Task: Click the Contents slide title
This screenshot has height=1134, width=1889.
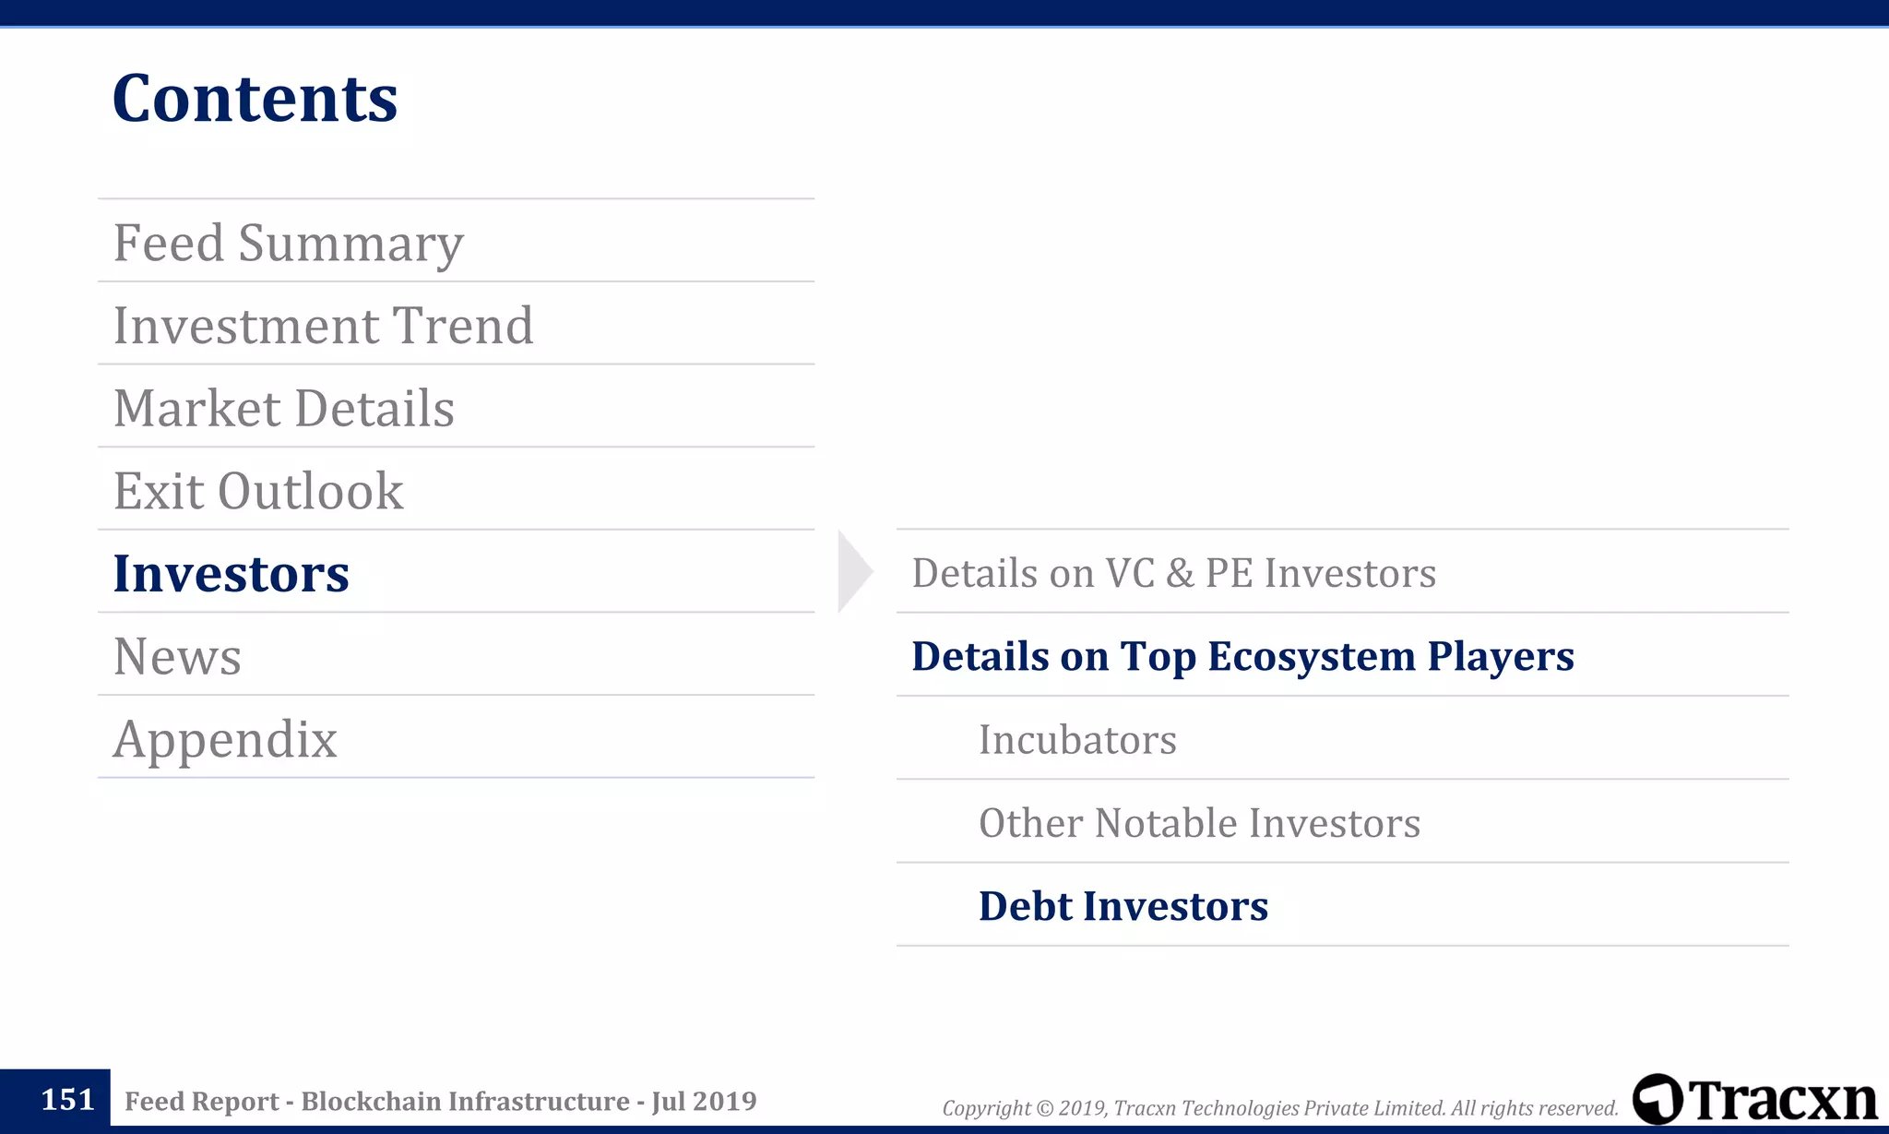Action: click(x=255, y=99)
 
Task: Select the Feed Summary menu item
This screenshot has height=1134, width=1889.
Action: click(x=288, y=243)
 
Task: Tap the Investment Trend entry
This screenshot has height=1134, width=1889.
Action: click(x=323, y=326)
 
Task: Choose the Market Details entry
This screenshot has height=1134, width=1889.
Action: click(x=283, y=409)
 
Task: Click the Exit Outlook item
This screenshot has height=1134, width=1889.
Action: click(x=258, y=491)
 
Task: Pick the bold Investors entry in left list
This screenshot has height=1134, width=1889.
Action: click(x=231, y=574)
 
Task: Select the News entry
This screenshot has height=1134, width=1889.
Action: click(x=177, y=657)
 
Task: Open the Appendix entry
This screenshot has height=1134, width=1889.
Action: click(x=225, y=740)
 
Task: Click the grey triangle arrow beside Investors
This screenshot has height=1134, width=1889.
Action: click(x=853, y=572)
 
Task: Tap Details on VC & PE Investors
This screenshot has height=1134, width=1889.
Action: click(x=1173, y=573)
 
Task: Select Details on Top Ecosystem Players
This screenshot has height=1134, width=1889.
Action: click(x=1242, y=656)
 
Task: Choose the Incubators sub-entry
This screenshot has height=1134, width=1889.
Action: click(x=1077, y=740)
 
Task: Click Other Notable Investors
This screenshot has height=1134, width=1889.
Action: click(x=1199, y=823)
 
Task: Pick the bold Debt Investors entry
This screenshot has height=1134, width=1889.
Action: click(x=1123, y=906)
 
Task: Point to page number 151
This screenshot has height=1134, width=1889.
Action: click(x=67, y=1100)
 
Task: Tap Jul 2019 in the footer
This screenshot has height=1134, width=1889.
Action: click(x=704, y=1102)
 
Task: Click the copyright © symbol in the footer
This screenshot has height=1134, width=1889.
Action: click(x=1044, y=1108)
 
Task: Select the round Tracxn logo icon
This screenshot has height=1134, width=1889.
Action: click(x=1657, y=1099)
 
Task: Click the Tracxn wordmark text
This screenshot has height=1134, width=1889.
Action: click(x=1784, y=1100)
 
